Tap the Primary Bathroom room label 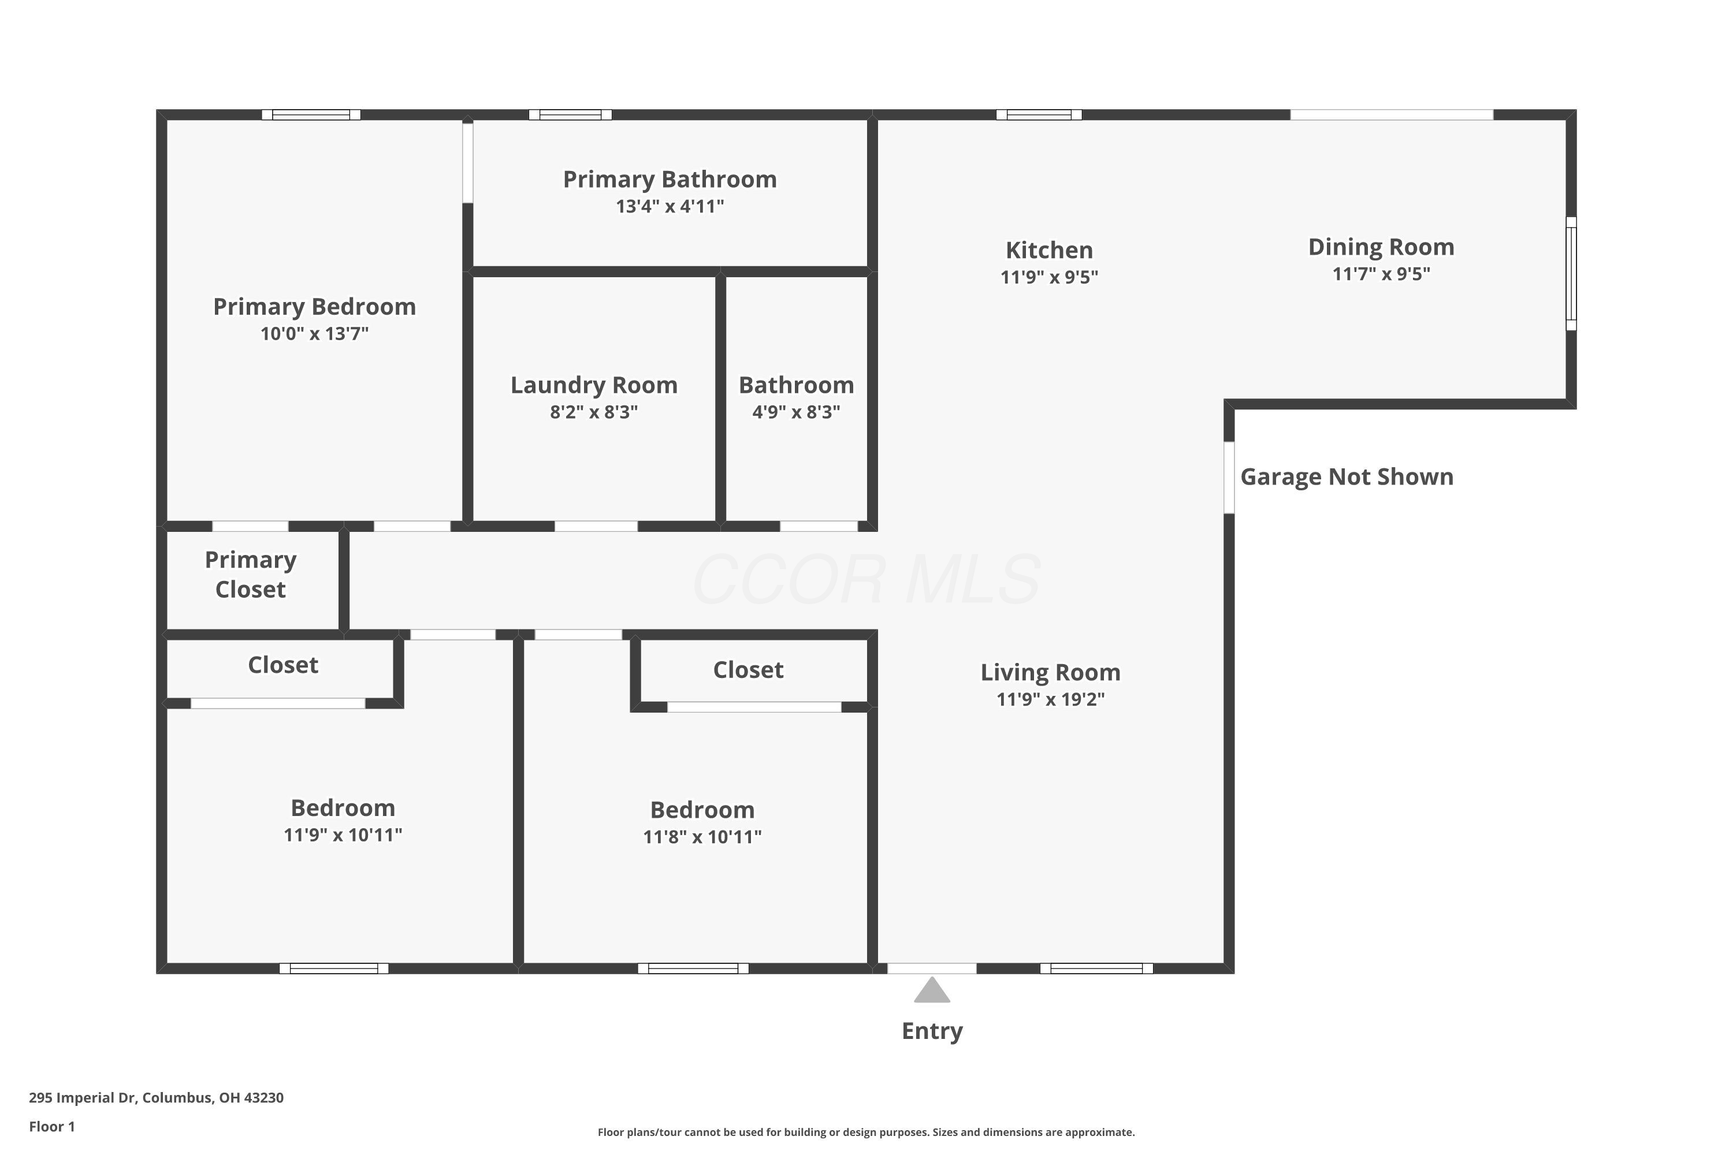point(669,180)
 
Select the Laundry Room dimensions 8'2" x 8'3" point(594,412)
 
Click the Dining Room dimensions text point(1381,274)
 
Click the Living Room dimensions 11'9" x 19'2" point(1050,699)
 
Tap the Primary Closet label point(251,575)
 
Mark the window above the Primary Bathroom point(570,115)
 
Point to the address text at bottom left point(156,1098)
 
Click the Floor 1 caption point(51,1126)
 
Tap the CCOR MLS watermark point(866,580)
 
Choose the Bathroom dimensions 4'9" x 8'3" point(796,412)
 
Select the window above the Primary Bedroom point(311,115)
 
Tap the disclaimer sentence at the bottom point(866,1132)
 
